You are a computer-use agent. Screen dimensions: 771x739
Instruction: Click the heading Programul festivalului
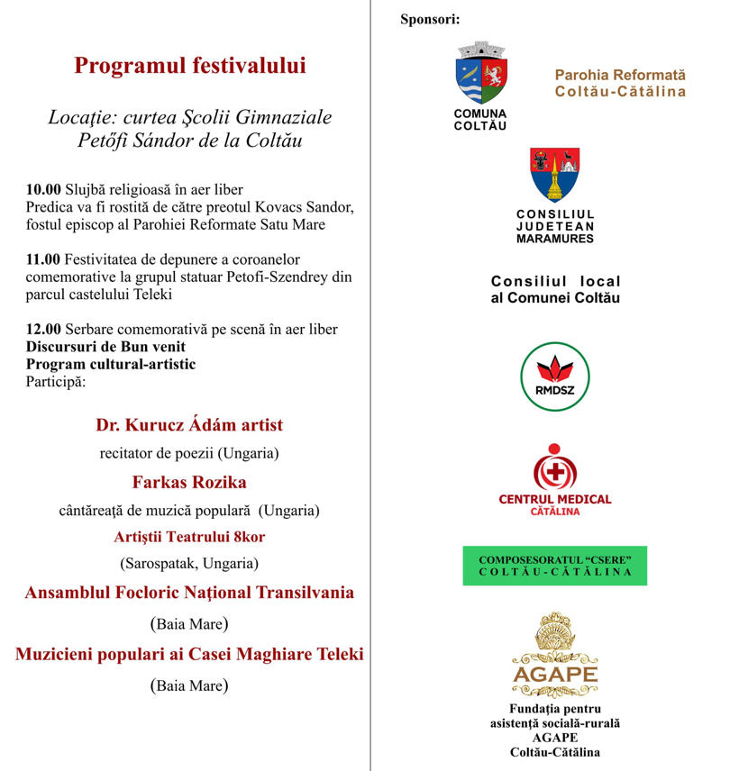pyautogui.click(x=190, y=66)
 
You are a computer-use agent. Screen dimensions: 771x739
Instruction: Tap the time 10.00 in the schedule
pyautogui.click(x=42, y=190)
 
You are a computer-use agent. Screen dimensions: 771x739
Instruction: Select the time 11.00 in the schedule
pyautogui.click(x=42, y=259)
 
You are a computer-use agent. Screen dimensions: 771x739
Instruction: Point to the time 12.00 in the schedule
pyautogui.click(x=42, y=330)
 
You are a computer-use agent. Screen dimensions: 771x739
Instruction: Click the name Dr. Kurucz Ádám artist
pyautogui.click(x=189, y=425)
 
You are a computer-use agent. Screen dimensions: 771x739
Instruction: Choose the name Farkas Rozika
pyautogui.click(x=189, y=481)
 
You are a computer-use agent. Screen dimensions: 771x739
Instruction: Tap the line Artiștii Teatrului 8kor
pyautogui.click(x=189, y=537)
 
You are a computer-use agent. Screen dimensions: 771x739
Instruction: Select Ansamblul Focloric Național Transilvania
pyautogui.click(x=189, y=593)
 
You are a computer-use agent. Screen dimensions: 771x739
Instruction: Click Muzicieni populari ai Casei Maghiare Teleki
pyautogui.click(x=189, y=655)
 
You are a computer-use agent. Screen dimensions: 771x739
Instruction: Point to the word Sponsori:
pyautogui.click(x=430, y=20)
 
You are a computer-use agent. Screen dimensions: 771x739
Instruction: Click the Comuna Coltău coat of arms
pyautogui.click(x=481, y=74)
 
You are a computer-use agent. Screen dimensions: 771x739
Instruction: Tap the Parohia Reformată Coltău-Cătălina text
pyautogui.click(x=620, y=83)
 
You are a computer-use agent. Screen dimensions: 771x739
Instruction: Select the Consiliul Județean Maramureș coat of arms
pyautogui.click(x=555, y=174)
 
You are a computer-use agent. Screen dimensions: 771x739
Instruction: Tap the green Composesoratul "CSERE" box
pyautogui.click(x=555, y=566)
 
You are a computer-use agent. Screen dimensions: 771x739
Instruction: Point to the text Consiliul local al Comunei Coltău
pyautogui.click(x=555, y=290)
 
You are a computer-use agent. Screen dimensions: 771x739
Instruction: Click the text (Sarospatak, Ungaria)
pyautogui.click(x=189, y=564)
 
